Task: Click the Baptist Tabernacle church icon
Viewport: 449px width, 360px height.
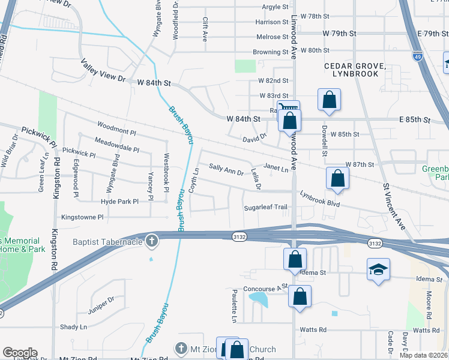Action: point(152,241)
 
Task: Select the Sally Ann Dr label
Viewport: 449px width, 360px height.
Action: point(226,169)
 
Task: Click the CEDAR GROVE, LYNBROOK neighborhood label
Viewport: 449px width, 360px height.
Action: point(351,69)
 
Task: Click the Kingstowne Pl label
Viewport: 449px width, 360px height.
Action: point(82,217)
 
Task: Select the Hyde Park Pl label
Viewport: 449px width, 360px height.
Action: point(120,202)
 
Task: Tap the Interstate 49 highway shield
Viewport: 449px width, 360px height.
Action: point(417,56)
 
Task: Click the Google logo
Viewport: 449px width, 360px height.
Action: point(20,353)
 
